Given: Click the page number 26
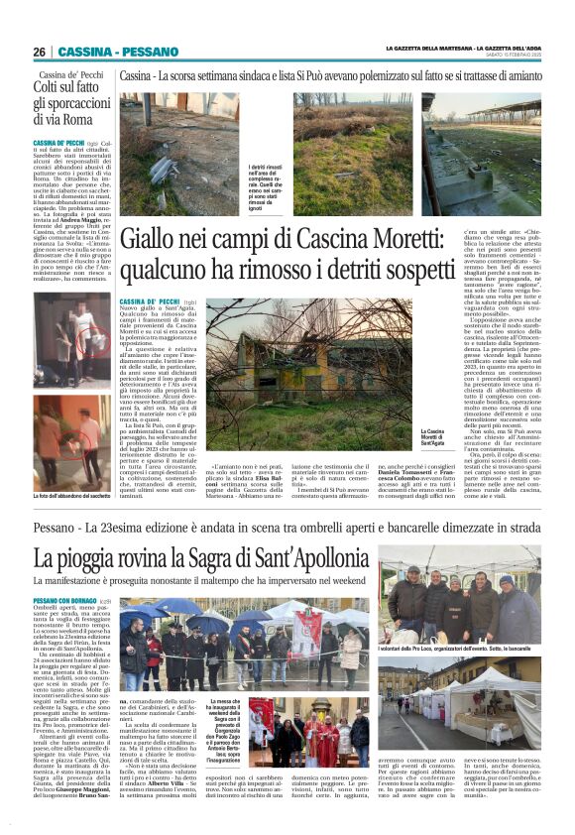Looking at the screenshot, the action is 39,52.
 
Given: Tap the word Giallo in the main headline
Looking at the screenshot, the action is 156,238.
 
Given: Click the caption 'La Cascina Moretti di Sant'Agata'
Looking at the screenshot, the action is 433,437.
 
